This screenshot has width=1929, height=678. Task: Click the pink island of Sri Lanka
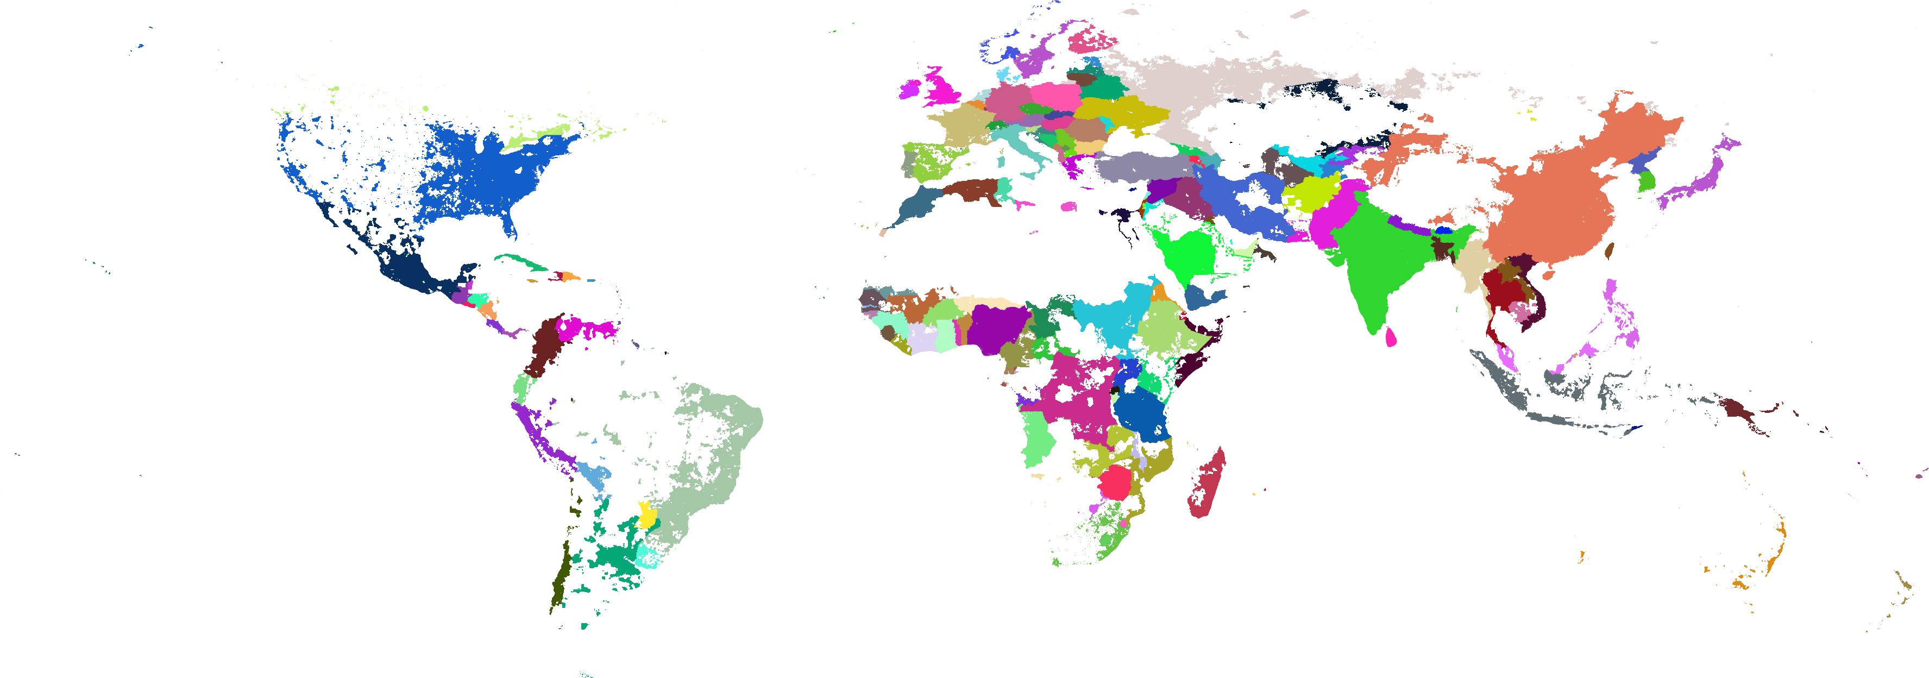(x=1391, y=337)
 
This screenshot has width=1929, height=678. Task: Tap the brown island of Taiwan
(x=1609, y=251)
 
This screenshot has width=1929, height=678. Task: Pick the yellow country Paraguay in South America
(x=647, y=516)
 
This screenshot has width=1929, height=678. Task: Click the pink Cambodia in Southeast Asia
(x=1520, y=310)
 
